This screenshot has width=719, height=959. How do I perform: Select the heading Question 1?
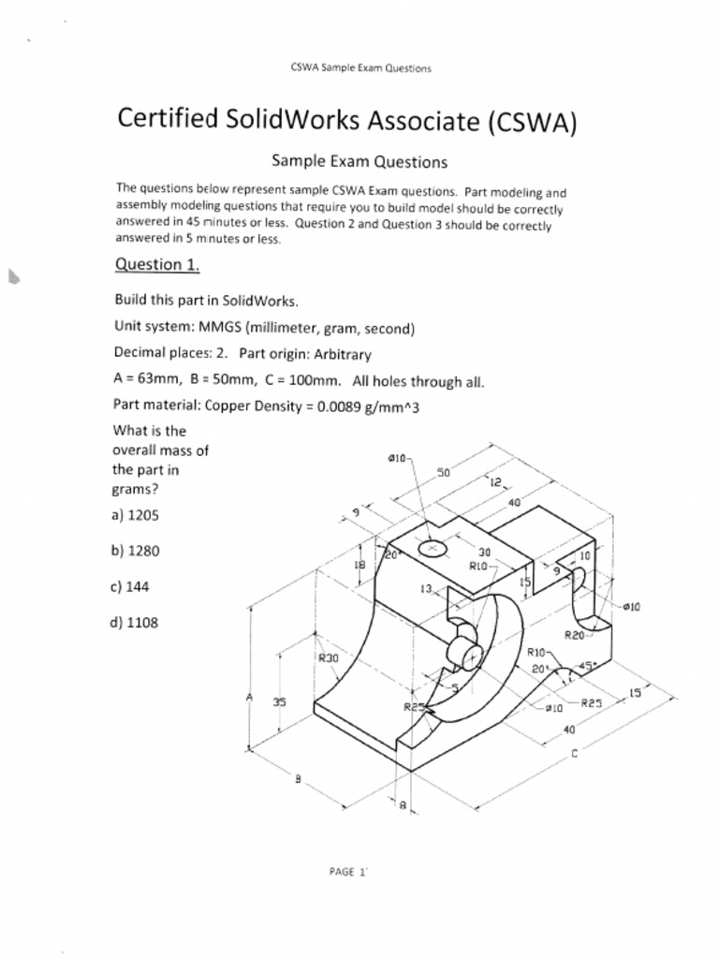[156, 264]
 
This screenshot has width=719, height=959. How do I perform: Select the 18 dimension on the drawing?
[359, 565]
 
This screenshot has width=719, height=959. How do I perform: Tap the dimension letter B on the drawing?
[298, 777]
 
